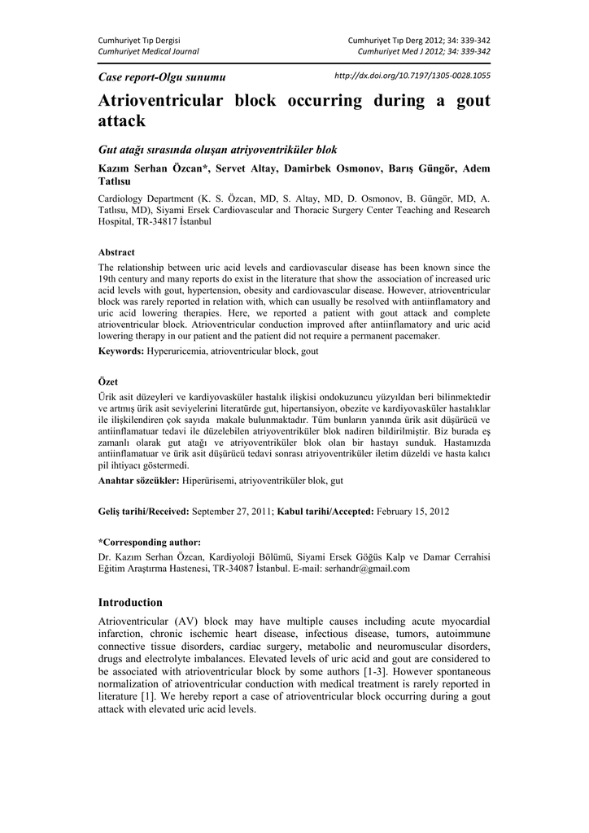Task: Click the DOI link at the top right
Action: click(x=412, y=76)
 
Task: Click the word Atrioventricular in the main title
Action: click(x=162, y=102)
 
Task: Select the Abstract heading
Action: click(x=116, y=252)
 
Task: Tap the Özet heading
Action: click(x=107, y=382)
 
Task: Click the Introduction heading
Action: click(x=130, y=603)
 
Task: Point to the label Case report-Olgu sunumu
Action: click(x=161, y=76)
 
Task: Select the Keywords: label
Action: click(x=121, y=351)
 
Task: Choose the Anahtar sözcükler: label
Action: click(x=138, y=481)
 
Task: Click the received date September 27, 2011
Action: click(x=232, y=512)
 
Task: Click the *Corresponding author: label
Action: click(x=150, y=542)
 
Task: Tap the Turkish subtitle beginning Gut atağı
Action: click(x=217, y=150)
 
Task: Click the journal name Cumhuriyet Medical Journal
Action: click(x=148, y=51)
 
